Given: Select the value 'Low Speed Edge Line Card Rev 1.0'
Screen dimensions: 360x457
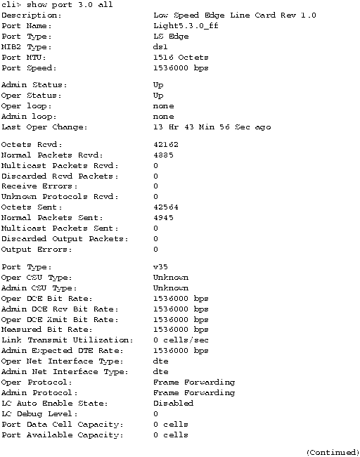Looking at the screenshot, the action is point(234,15).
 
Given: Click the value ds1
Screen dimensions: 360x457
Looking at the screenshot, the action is point(160,46).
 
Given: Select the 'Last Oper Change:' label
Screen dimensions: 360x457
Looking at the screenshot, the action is point(44,127).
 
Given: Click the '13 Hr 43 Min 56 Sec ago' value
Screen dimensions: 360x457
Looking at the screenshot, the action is point(212,127).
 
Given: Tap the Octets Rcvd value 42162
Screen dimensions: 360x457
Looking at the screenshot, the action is point(166,144).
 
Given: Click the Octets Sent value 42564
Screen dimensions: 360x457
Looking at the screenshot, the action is point(166,207).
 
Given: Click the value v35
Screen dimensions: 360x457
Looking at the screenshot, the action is point(160,267).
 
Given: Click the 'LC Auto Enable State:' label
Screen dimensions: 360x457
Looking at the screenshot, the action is point(54,404).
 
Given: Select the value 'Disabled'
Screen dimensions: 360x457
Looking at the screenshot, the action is point(170,404).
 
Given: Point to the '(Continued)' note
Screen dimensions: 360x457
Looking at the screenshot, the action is point(333,452).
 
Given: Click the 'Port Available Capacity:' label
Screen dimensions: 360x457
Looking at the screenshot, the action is point(62,435).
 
